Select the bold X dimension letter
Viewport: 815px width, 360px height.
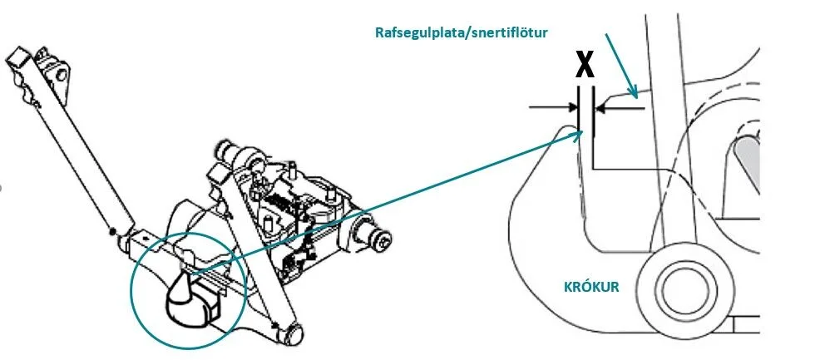[585, 65]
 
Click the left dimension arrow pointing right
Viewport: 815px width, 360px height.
[552, 106]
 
